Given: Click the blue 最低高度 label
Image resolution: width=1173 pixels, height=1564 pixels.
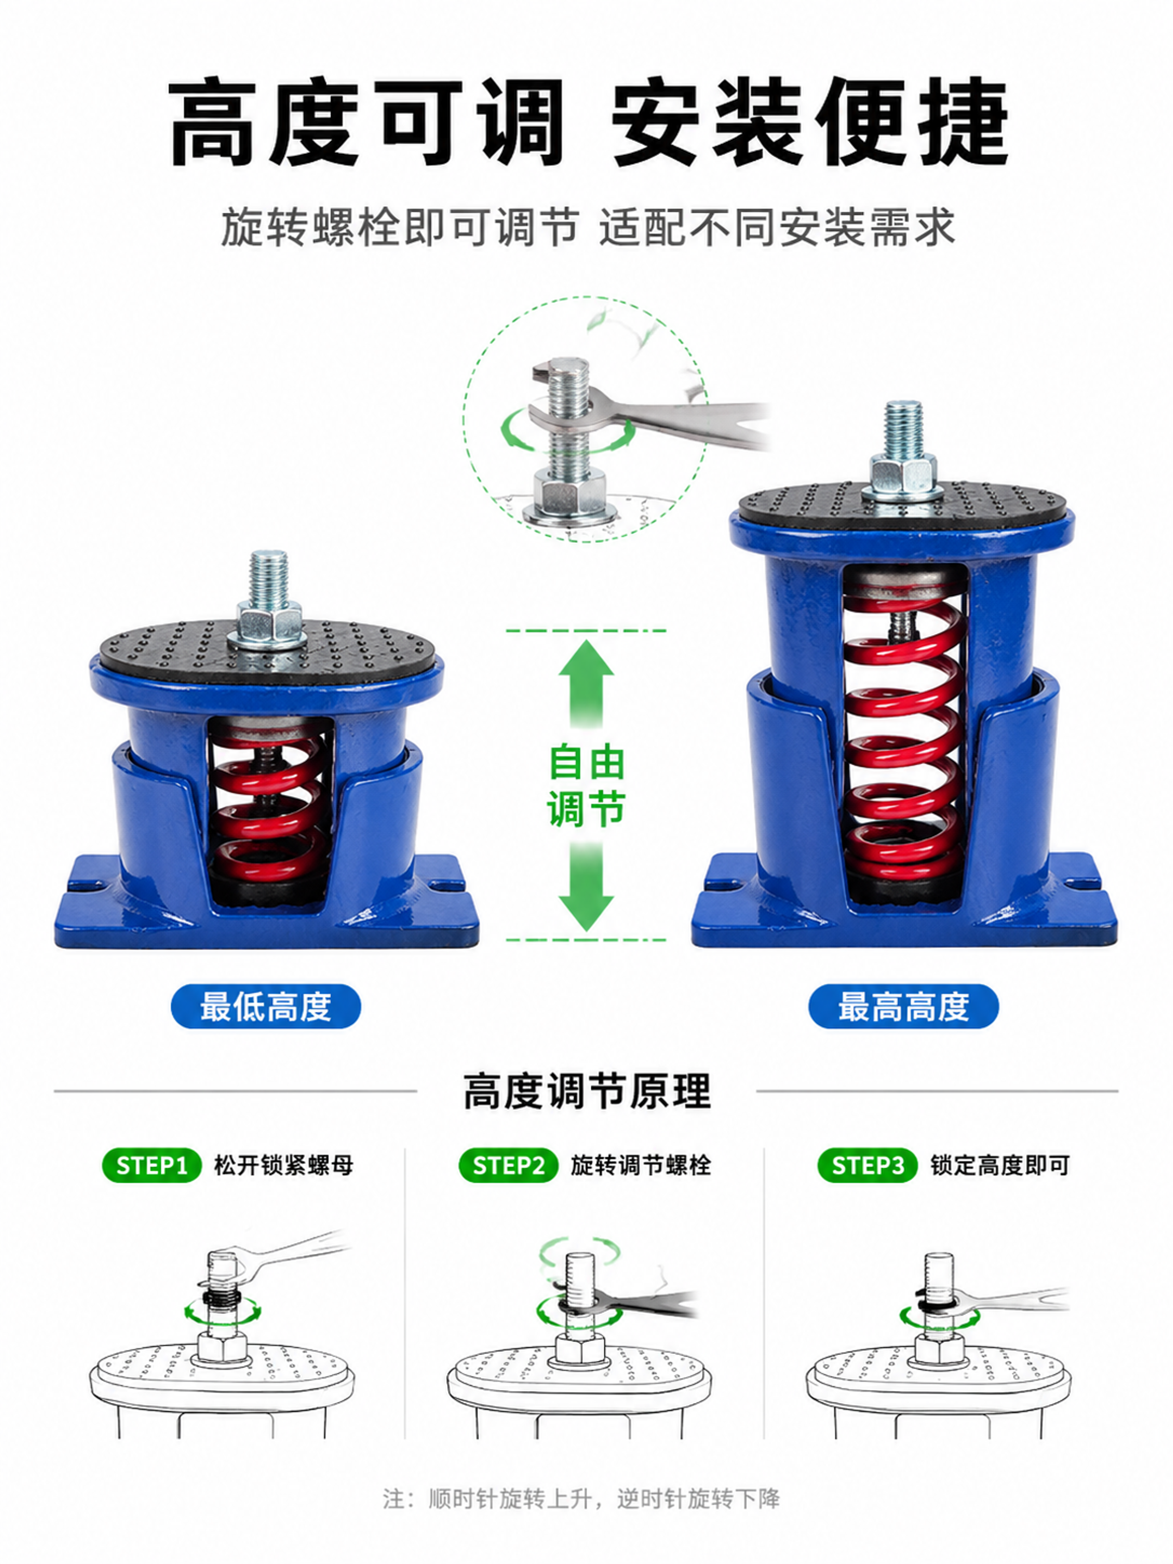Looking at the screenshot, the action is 266,1006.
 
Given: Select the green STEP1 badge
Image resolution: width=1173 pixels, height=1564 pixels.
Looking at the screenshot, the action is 152,1166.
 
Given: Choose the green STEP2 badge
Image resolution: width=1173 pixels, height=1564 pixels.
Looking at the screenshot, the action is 508,1166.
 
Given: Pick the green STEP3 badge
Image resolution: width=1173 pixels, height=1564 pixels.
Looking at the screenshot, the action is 868,1166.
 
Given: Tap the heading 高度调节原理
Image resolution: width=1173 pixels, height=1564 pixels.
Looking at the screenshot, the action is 586,1092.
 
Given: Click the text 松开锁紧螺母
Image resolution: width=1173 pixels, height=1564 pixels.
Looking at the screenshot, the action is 284,1166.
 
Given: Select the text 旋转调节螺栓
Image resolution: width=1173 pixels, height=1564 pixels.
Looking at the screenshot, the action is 641,1166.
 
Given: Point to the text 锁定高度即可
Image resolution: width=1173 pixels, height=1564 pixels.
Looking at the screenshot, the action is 999,1166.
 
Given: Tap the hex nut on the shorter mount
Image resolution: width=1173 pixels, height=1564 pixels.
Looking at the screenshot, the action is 266,621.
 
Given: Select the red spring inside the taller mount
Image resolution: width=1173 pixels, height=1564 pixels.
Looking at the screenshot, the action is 903,739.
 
